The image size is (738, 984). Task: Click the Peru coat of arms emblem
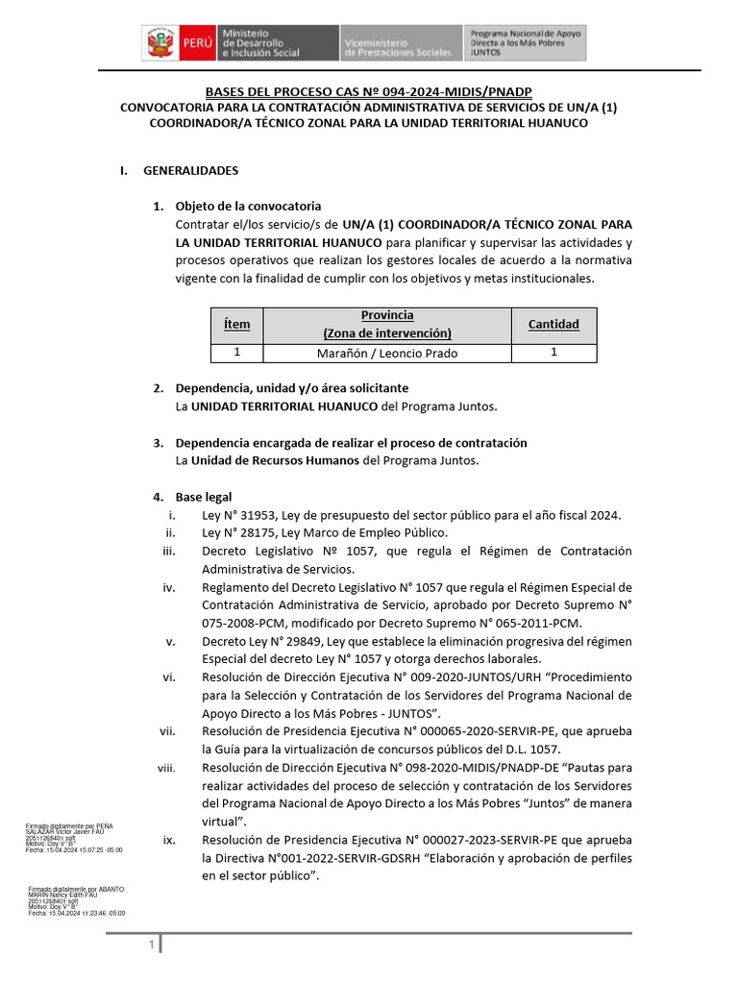tap(157, 43)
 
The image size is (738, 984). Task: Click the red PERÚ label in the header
tap(193, 44)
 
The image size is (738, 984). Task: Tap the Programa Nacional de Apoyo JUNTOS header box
tap(526, 43)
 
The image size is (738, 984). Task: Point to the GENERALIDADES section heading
tap(190, 170)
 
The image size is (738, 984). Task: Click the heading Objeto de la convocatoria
tap(248, 207)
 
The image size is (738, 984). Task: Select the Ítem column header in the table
tap(236, 324)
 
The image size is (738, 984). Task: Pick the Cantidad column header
tap(553, 324)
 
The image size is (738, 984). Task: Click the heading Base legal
tap(204, 497)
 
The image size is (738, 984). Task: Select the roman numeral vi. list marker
tap(169, 676)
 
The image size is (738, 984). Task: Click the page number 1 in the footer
tap(152, 946)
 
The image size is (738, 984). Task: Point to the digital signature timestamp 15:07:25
tap(86, 850)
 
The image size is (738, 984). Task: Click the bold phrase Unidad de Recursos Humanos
tap(271, 460)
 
